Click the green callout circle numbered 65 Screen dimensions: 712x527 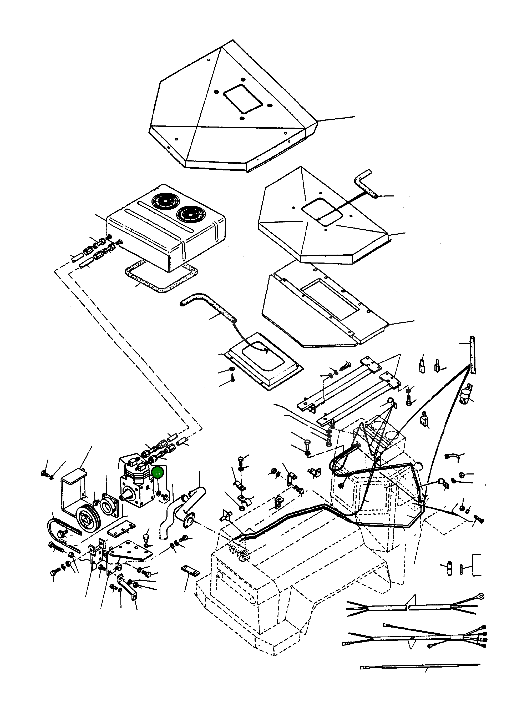157,473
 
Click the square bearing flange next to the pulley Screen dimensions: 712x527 109,507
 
